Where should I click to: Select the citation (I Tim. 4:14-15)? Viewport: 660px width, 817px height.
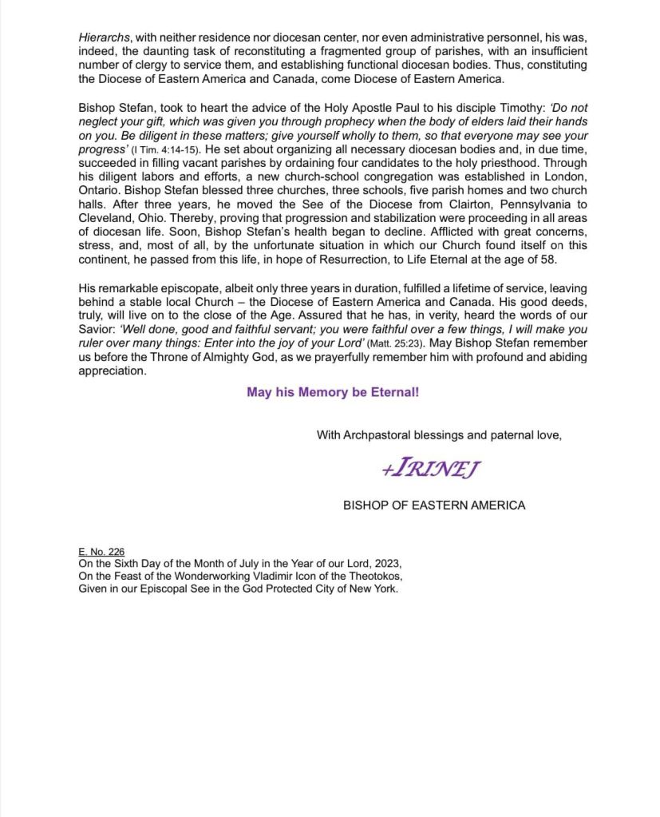coord(166,149)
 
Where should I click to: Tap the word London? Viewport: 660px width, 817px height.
coord(566,176)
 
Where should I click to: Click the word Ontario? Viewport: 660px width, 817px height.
coord(101,191)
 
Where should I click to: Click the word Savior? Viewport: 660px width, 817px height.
coord(98,330)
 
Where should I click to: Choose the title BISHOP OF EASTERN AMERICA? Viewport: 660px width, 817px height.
coord(434,505)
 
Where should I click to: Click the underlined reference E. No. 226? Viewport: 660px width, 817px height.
coord(101,552)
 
